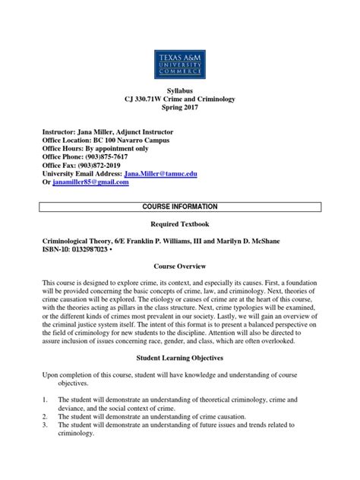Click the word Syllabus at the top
pyautogui.click(x=180, y=91)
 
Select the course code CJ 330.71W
pyautogui.click(x=149, y=101)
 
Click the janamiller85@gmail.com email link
pyautogui.click(x=90, y=184)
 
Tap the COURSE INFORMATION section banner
pyautogui.click(x=180, y=207)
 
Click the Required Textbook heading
pyautogui.click(x=180, y=225)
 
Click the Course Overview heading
pyautogui.click(x=180, y=268)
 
